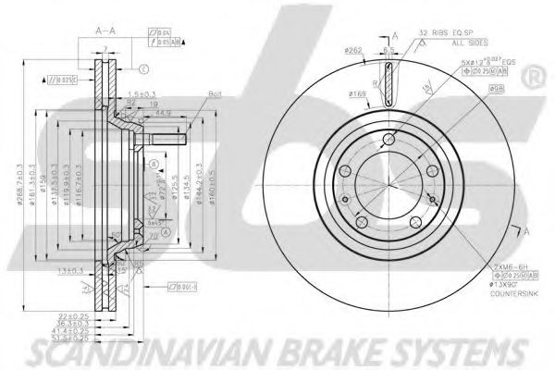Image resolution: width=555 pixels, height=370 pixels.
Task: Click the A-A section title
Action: click(x=105, y=31)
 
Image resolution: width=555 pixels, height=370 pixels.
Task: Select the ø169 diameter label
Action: click(x=357, y=92)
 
